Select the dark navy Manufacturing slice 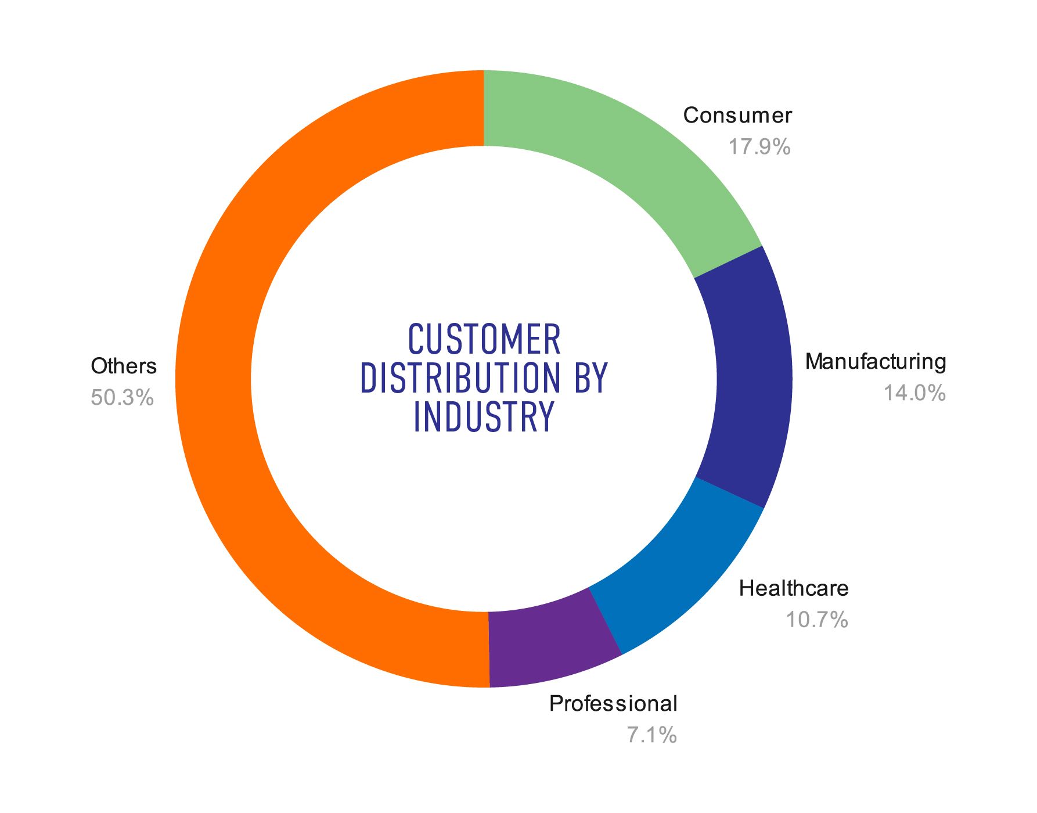click(752, 377)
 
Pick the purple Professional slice click(549, 645)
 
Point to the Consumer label click(737, 115)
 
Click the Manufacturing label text click(875, 361)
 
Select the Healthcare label click(793, 588)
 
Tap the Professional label click(613, 703)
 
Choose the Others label click(124, 366)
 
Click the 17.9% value click(759, 146)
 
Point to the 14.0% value click(914, 393)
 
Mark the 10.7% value click(816, 620)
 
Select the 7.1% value click(651, 735)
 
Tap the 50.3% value click(122, 398)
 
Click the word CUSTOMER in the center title click(484, 340)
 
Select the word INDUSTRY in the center click(484, 416)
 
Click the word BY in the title click(590, 378)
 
